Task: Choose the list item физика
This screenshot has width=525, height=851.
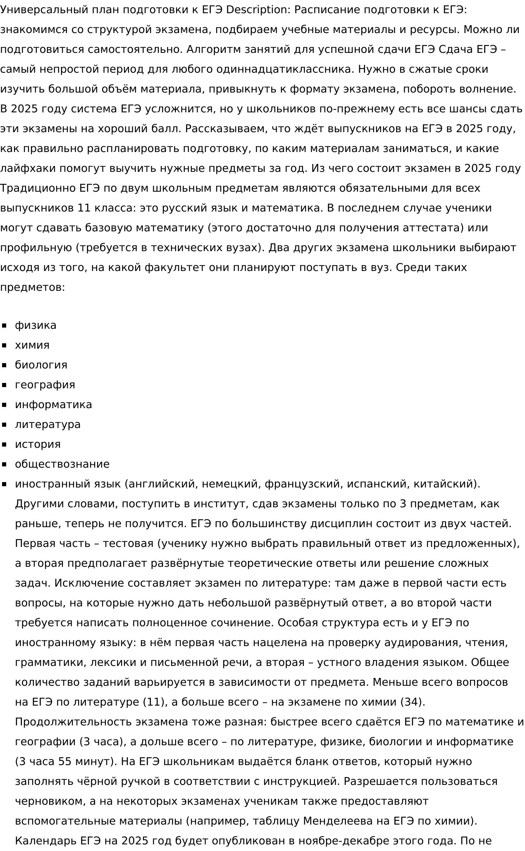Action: coord(36,326)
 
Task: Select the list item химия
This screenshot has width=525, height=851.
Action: coord(32,345)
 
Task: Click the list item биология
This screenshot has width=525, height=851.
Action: coord(41,365)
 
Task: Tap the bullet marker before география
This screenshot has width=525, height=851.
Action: coord(5,385)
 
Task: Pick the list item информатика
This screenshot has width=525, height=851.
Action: coord(53,405)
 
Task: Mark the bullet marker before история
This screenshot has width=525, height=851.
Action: coord(5,445)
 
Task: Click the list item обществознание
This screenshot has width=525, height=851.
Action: coord(62,464)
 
